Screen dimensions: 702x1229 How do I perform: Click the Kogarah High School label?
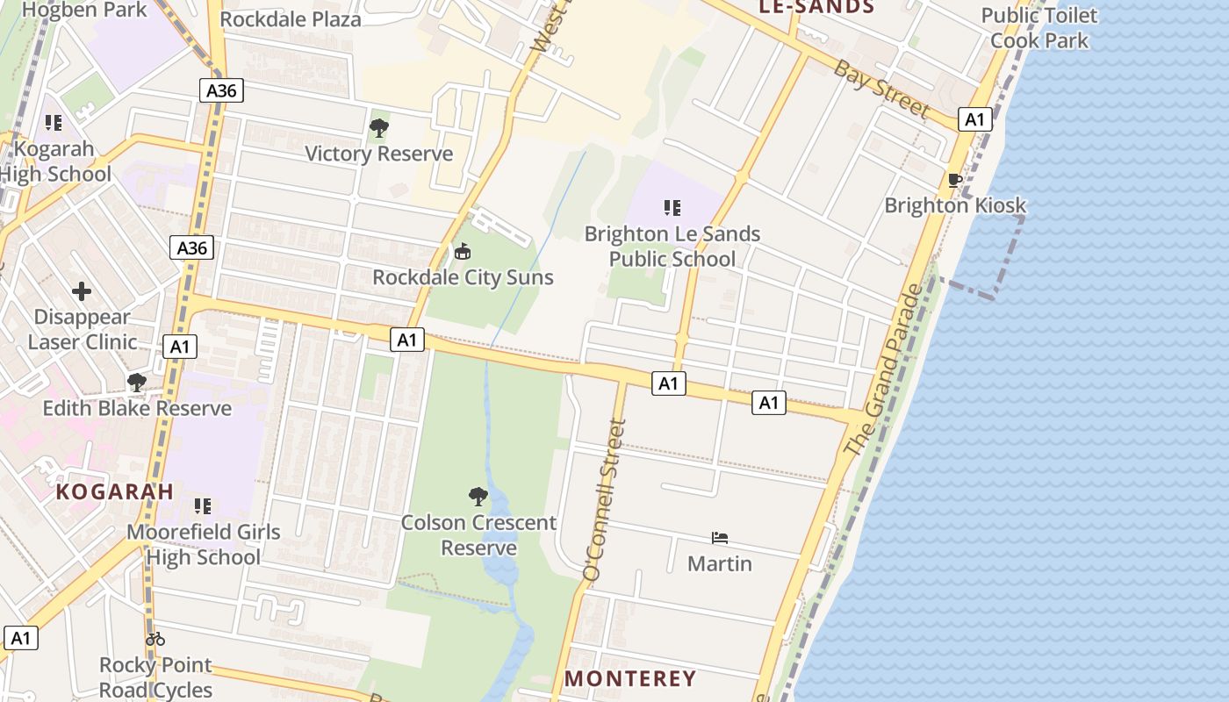54,161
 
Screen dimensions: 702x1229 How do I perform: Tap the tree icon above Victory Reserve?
378,129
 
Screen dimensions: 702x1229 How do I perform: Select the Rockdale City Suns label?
463,277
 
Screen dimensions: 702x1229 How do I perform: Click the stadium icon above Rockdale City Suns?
463,252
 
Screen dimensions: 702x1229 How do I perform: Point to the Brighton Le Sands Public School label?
672,247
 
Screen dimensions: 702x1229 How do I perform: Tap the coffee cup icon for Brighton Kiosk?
955,181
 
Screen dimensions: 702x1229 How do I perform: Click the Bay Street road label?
880,88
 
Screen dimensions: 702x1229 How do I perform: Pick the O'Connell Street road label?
605,499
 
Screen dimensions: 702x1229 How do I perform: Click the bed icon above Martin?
720,537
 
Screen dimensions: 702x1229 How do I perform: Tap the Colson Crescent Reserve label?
478,535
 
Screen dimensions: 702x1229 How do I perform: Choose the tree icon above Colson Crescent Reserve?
478,498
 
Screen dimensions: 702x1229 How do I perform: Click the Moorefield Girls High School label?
204,544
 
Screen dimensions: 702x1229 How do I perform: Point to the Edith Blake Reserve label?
137,408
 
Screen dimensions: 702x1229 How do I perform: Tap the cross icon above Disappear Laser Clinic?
82,291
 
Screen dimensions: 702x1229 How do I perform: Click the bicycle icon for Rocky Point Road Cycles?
155,639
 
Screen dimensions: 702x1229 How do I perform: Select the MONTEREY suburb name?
630,678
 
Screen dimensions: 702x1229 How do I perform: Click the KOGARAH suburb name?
115,491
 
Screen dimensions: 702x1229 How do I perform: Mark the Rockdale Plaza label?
291,19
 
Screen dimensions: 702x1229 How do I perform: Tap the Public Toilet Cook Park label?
1039,28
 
